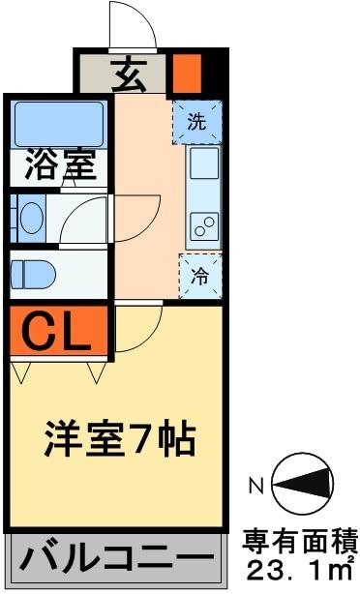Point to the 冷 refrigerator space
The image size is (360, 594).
200,274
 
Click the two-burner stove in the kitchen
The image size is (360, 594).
204,227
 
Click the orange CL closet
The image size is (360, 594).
54,330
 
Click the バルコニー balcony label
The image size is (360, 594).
116,560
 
